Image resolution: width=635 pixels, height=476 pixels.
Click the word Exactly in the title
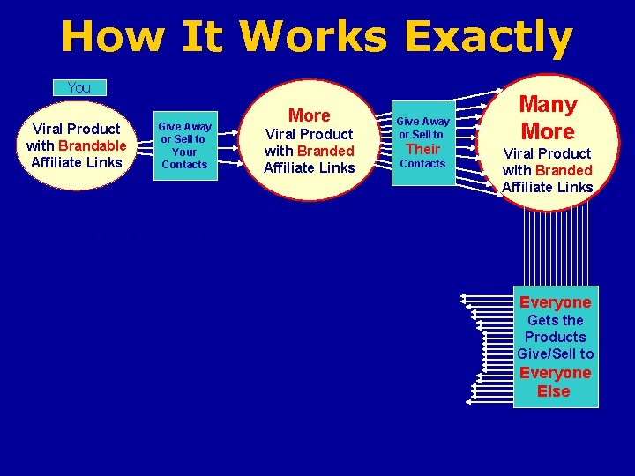click(488, 38)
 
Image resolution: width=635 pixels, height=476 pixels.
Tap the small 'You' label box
click(79, 87)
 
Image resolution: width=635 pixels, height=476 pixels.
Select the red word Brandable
click(93, 145)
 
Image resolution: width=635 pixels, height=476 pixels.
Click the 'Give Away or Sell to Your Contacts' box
click(184, 145)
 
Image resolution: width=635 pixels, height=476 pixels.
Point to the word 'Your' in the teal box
click(184, 152)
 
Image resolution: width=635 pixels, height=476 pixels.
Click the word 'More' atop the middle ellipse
click(309, 115)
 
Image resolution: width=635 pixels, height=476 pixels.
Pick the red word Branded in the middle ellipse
click(325, 151)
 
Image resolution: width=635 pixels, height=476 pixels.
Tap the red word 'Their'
click(422, 149)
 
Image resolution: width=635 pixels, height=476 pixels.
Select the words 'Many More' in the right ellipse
click(547, 118)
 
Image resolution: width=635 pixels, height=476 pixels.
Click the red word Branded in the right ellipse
click(564, 170)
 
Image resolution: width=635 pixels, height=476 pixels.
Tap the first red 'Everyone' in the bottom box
click(555, 302)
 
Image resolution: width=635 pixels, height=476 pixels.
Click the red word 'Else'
click(554, 391)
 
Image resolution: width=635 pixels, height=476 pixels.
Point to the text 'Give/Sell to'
click(555, 353)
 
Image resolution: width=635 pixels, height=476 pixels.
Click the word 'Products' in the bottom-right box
click(555, 337)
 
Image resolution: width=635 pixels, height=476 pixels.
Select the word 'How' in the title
click(112, 38)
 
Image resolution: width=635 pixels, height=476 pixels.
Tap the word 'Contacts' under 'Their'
click(422, 164)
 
